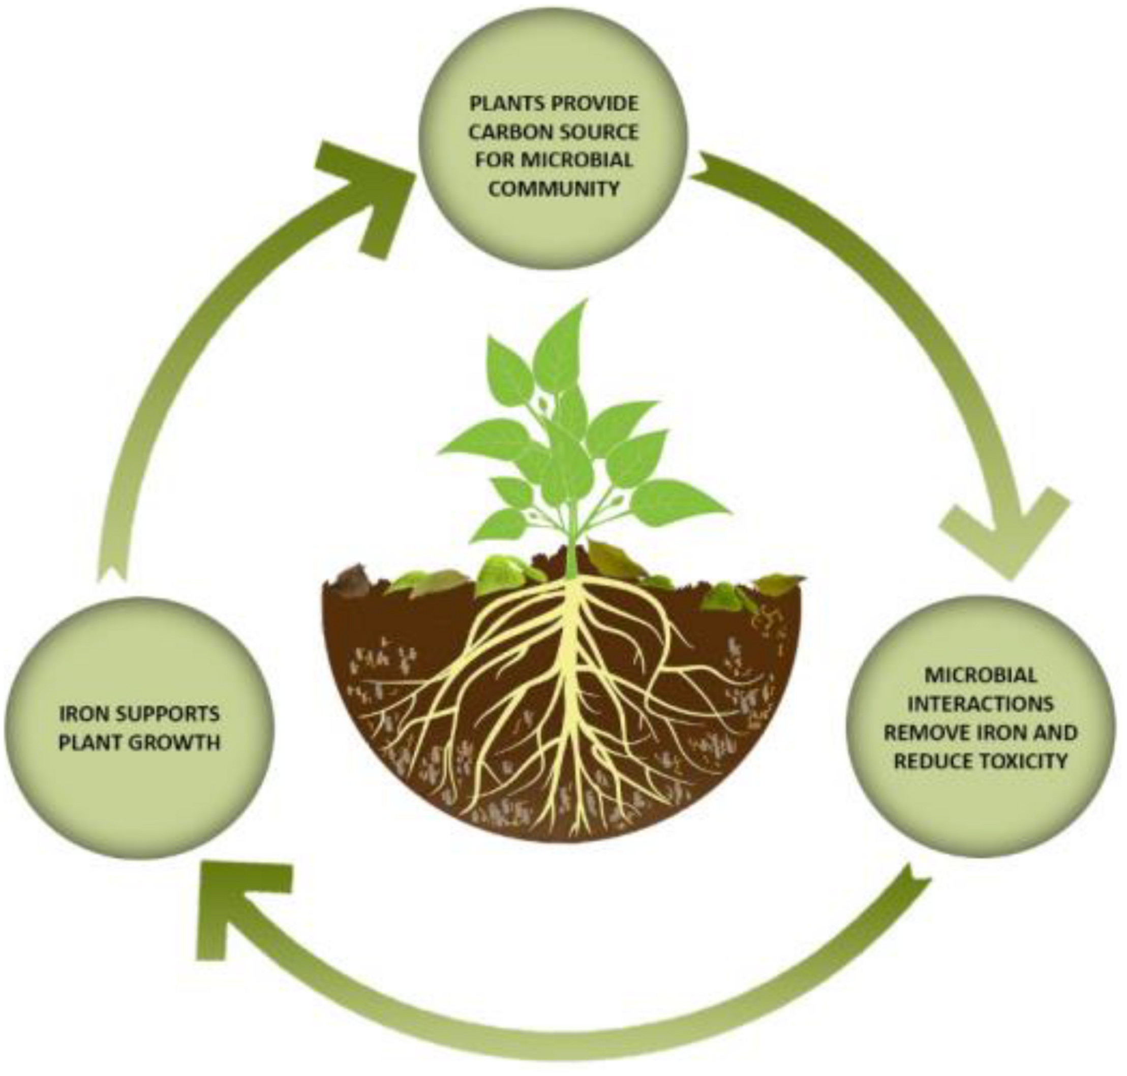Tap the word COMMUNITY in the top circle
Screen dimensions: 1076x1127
(554, 188)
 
